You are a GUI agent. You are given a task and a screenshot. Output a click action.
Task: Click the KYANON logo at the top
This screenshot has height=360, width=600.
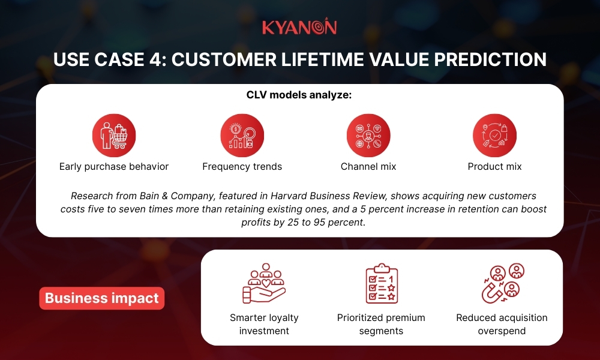point(299,28)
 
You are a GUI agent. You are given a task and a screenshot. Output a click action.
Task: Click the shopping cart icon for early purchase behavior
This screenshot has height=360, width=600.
point(114,136)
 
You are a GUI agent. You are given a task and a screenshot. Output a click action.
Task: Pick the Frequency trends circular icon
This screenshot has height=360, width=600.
point(242,136)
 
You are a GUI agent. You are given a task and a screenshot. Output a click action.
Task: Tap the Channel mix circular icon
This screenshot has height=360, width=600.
point(368,136)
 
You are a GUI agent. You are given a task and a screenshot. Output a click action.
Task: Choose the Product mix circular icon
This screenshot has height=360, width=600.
point(494,136)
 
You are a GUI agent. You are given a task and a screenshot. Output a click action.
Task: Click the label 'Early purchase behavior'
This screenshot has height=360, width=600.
point(114,167)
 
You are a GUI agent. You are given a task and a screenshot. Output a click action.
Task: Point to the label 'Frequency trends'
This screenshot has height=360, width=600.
point(242,167)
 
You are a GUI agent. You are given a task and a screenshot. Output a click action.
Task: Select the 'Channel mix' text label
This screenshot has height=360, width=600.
point(368,167)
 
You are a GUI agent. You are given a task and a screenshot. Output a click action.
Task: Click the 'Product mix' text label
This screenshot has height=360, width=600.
point(494,167)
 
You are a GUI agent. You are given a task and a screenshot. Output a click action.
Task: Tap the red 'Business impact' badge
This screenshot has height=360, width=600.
point(102,298)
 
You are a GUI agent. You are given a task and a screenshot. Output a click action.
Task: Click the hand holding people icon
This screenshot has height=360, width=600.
point(264,283)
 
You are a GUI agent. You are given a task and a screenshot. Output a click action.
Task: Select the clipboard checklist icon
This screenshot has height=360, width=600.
point(382,283)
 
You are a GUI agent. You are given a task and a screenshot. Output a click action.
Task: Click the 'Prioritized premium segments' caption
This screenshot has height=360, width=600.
point(381,324)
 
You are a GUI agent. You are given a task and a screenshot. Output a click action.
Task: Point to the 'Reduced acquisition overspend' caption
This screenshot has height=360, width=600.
point(502,324)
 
